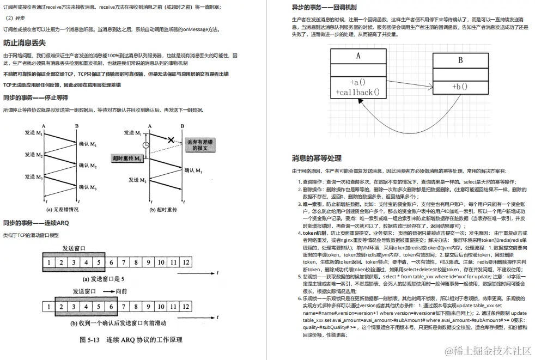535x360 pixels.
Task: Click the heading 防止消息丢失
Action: [25, 42]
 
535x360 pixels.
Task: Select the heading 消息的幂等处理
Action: [317, 158]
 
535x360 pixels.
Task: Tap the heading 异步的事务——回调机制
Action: [324, 7]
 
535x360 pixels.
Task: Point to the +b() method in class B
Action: [460, 86]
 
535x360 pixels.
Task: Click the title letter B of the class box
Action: [460, 60]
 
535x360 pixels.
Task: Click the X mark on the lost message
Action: [171, 140]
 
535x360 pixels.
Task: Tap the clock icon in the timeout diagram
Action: [145, 145]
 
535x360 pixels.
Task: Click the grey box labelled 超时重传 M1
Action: [128, 158]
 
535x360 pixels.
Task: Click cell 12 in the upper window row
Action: [186, 263]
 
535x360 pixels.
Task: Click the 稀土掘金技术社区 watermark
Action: [488, 350]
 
